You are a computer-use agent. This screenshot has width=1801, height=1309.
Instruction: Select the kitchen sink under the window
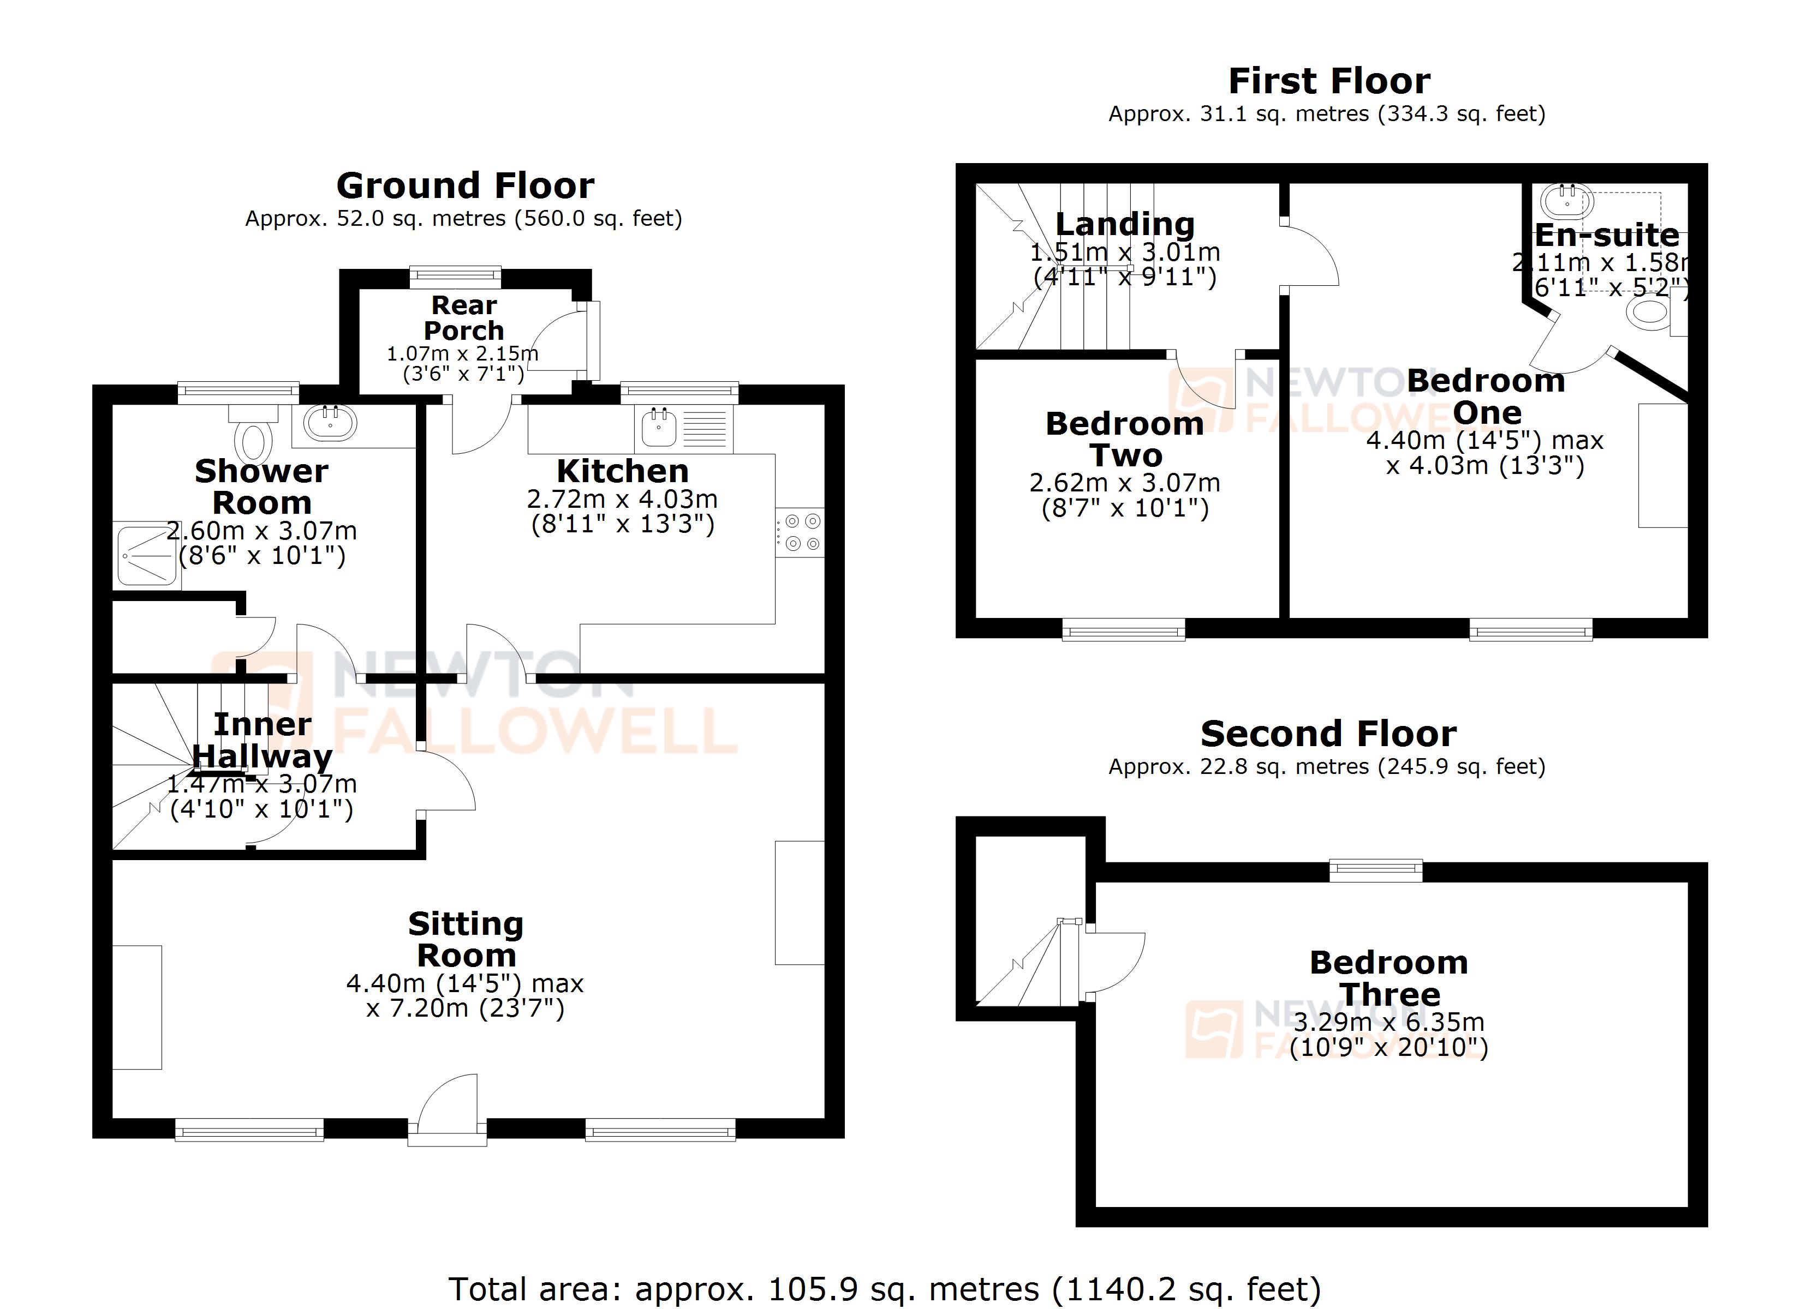tap(659, 428)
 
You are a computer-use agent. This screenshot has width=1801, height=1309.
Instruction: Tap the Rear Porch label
tap(464, 317)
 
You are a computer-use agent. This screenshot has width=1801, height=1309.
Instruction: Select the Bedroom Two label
tap(1124, 439)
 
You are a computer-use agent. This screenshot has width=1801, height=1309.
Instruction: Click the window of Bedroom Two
tap(1124, 631)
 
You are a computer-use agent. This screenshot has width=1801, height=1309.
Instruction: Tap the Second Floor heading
tap(1328, 734)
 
